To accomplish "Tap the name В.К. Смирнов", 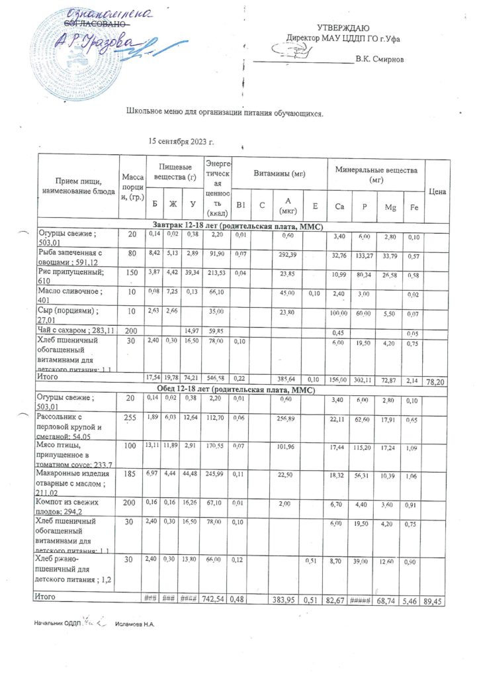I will [379, 60].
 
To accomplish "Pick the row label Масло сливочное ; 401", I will [71, 295].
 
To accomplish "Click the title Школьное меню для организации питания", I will [225, 113].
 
